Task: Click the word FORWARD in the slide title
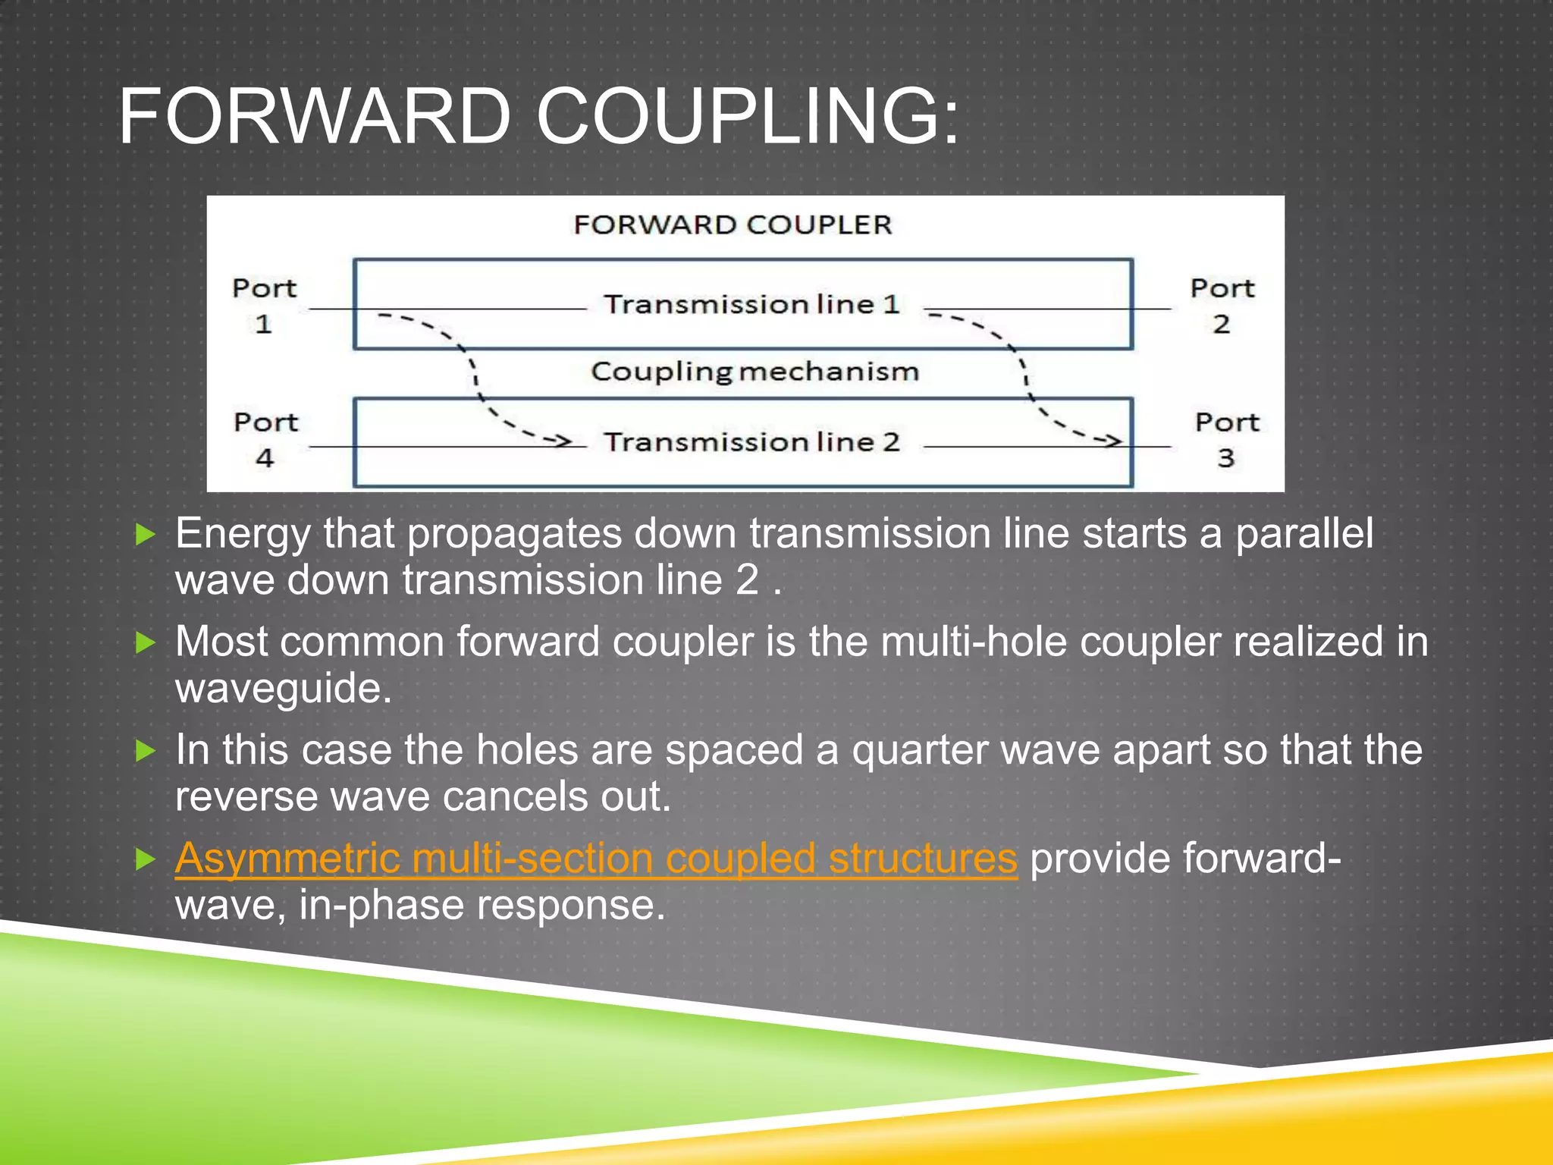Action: point(315,118)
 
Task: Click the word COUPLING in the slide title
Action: point(747,118)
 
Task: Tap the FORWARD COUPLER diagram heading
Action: point(733,225)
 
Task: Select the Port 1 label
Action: point(264,306)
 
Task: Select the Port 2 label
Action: point(1222,306)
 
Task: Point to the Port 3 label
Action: point(1226,440)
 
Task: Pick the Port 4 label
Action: point(265,440)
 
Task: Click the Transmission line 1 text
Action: point(751,305)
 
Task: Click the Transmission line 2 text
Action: point(751,442)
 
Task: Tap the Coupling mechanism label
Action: point(755,372)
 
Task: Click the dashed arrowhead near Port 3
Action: point(1112,441)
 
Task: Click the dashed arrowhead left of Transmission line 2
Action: point(562,441)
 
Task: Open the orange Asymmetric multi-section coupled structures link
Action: point(596,859)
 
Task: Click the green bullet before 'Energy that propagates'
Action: point(145,535)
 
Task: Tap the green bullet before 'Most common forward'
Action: point(145,643)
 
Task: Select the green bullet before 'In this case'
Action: point(145,752)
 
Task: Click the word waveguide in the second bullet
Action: point(283,689)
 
